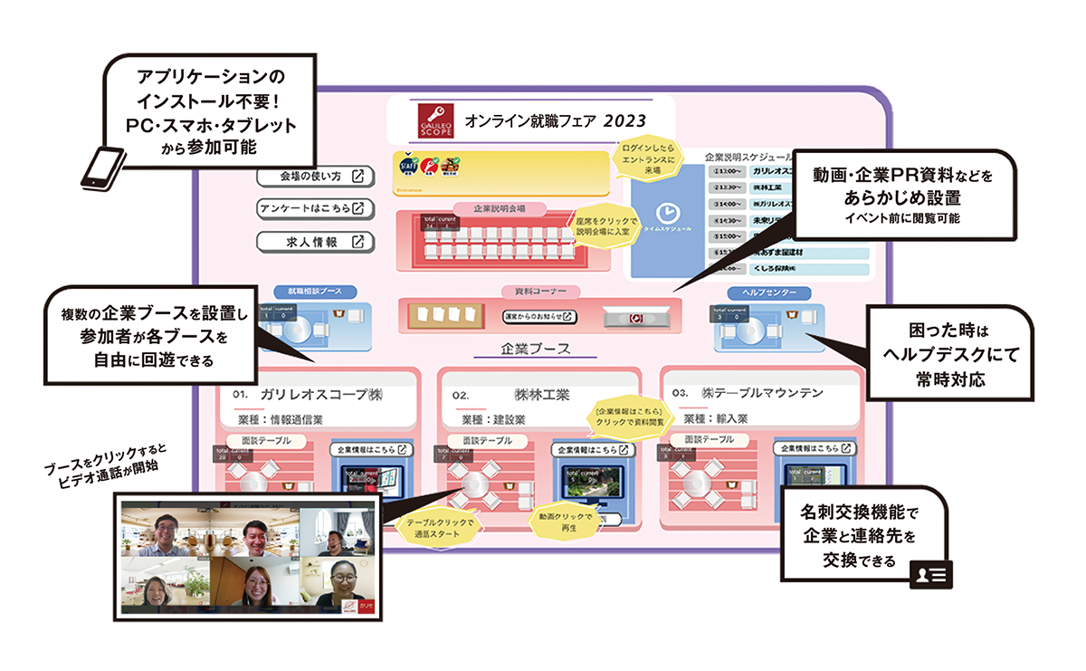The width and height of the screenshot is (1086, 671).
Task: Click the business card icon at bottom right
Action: [930, 574]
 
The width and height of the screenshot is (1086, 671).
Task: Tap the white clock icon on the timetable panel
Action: [666, 213]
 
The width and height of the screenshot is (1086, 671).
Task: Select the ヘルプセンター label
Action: [767, 292]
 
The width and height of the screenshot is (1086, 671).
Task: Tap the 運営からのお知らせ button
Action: [539, 317]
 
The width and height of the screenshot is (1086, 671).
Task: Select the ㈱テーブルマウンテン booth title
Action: [766, 393]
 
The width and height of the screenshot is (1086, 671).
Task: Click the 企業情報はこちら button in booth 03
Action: [814, 449]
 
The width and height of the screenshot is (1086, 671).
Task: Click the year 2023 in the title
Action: [626, 120]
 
